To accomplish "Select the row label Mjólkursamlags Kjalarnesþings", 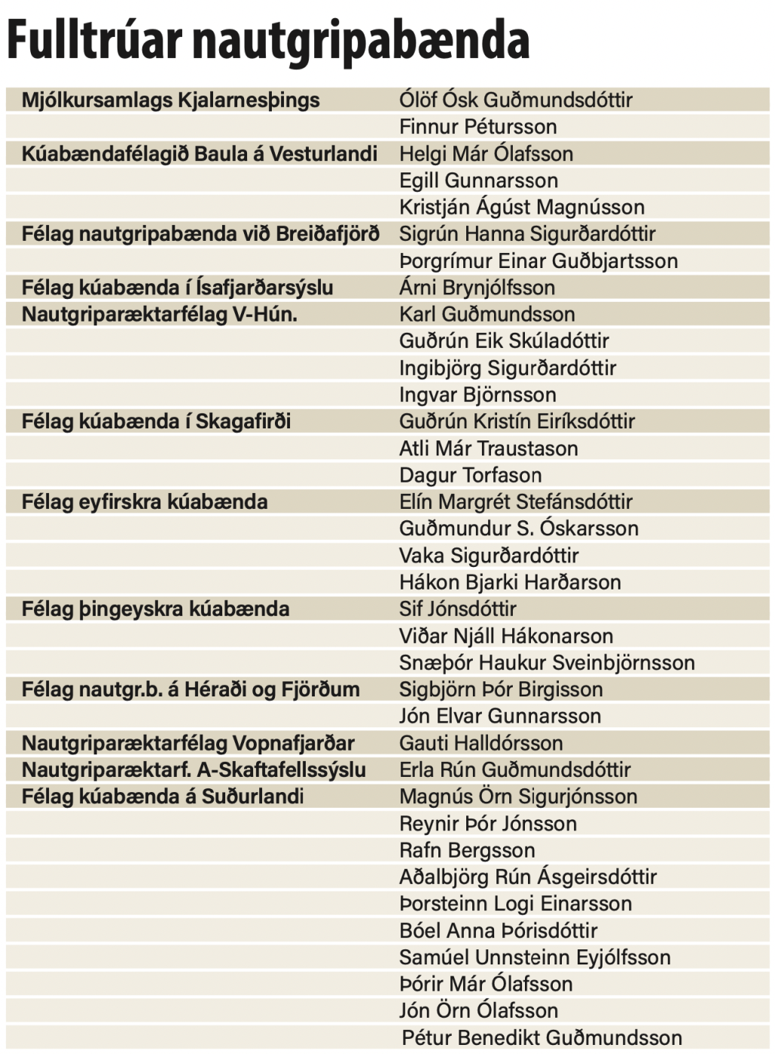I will (170, 100).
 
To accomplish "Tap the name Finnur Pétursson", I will (478, 126).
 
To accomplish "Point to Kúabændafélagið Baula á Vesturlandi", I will (199, 154).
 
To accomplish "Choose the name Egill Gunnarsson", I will (478, 181).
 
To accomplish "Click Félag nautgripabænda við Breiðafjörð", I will (200, 234).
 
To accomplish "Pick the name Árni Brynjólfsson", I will (477, 288).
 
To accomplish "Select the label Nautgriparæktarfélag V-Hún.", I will (159, 314).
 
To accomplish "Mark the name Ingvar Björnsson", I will (478, 394).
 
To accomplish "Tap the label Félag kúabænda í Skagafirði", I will (156, 422).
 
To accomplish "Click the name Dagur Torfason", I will (470, 475).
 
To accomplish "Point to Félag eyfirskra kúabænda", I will (144, 501).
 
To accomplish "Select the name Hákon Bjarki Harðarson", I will (510, 582).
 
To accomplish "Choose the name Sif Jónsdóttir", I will (457, 609).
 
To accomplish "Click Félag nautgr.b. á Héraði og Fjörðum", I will (191, 690).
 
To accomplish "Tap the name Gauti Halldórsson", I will (481, 743).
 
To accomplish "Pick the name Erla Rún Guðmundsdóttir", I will (514, 769).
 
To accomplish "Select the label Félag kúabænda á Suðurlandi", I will (162, 797).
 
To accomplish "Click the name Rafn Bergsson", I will (467, 850).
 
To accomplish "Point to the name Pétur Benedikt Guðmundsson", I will (542, 1037).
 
